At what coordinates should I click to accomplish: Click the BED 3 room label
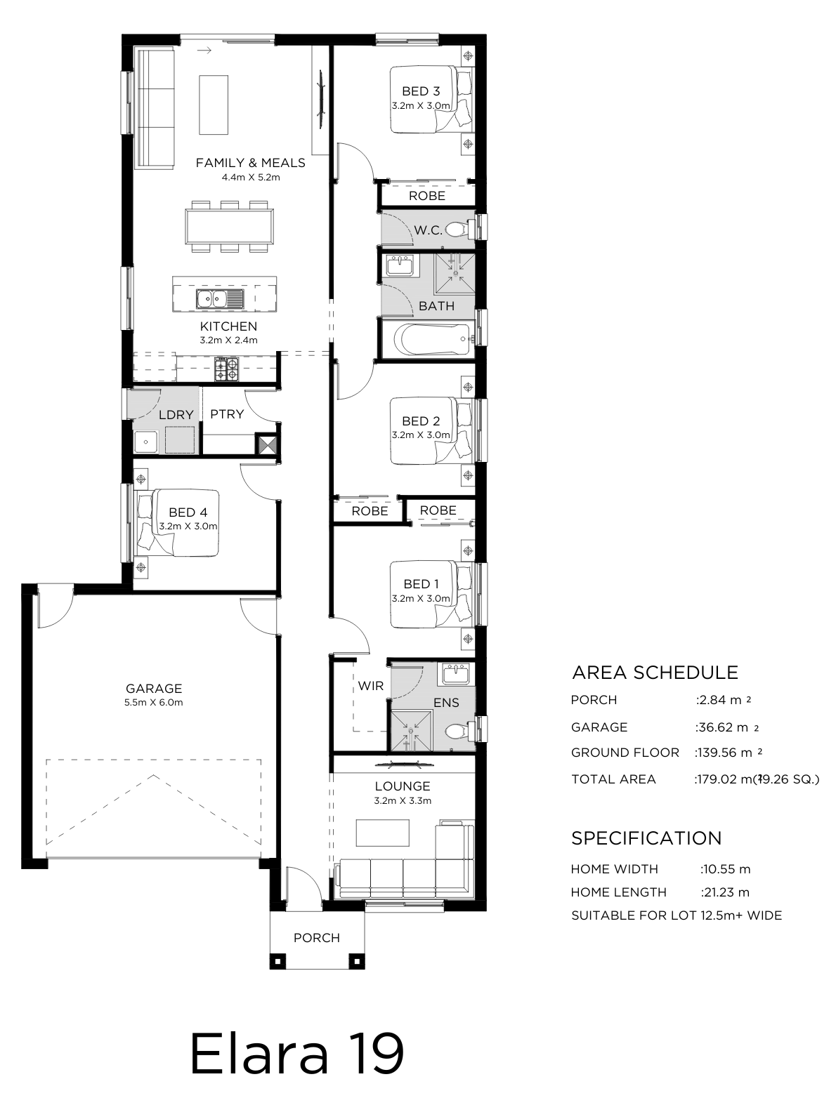tap(421, 91)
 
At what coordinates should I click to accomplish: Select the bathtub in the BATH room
tap(433, 339)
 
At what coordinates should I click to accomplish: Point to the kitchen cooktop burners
tap(227, 370)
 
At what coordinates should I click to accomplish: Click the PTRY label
tap(227, 414)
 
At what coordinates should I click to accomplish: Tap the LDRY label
tap(176, 415)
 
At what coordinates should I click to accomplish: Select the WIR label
tap(370, 686)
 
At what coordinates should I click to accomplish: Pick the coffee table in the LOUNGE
tap(382, 833)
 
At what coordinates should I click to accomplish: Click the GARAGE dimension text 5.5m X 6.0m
tap(154, 702)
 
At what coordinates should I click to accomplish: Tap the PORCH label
tap(316, 937)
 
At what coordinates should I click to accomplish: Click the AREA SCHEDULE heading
tap(655, 673)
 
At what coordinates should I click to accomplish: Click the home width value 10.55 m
tap(727, 869)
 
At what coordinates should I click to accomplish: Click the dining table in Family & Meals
tap(229, 226)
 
